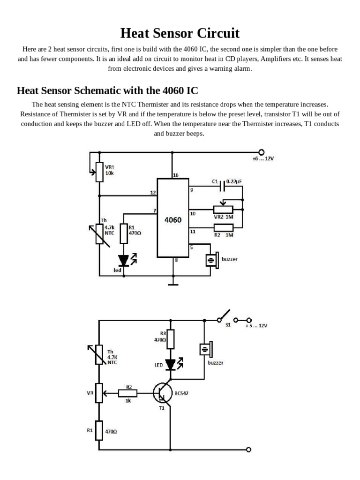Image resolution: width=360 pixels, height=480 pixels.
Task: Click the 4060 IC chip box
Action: click(172, 218)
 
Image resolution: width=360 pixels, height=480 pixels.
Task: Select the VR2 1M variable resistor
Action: click(223, 210)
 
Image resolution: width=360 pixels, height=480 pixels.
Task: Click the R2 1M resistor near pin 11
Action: click(223, 228)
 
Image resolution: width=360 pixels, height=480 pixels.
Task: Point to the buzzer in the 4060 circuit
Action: click(212, 259)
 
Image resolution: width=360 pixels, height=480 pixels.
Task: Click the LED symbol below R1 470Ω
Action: click(124, 260)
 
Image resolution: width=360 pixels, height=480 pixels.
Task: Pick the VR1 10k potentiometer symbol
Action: click(99, 172)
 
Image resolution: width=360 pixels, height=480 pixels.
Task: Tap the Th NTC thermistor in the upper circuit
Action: click(99, 233)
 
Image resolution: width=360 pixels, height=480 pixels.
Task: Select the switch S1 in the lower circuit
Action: click(224, 316)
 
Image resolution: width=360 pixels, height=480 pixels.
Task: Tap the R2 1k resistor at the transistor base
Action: click(128, 392)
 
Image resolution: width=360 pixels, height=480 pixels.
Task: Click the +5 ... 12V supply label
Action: click(256, 325)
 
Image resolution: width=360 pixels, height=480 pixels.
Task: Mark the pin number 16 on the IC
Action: click(175, 175)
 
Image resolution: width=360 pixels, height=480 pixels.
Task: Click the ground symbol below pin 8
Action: click(173, 283)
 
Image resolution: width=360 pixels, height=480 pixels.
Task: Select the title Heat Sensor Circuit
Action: click(180, 33)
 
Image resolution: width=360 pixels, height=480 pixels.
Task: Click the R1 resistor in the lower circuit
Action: click(99, 430)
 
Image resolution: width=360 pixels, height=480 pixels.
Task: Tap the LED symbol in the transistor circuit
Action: click(171, 364)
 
